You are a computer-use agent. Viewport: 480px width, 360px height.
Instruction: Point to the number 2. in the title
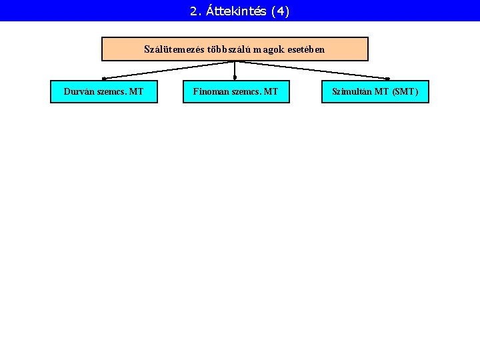(x=195, y=11)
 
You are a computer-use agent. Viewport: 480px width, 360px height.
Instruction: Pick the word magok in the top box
(x=271, y=49)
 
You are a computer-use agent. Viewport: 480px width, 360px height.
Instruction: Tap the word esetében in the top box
(x=307, y=49)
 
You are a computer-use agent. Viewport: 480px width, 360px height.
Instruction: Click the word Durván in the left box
(x=79, y=91)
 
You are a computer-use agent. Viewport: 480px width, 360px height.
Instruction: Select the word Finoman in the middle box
(x=210, y=91)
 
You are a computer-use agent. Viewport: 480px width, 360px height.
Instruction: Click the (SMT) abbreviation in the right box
(x=405, y=91)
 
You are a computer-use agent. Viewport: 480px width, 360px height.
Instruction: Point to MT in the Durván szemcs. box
(x=137, y=91)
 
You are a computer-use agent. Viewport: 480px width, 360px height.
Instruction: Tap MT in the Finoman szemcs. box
(x=271, y=91)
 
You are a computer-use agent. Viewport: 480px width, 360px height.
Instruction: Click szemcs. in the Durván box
(x=111, y=91)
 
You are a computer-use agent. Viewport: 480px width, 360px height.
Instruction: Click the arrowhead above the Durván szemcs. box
(x=104, y=79)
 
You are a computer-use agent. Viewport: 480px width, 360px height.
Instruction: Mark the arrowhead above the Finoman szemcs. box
(x=235, y=78)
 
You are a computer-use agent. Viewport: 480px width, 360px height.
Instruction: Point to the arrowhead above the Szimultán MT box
(x=387, y=79)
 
